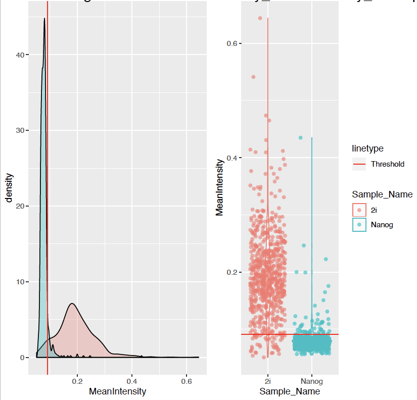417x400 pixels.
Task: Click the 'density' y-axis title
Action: [x=9, y=188]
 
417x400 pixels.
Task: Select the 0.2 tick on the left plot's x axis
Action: [x=77, y=381]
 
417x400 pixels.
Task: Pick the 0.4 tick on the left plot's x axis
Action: [x=132, y=381]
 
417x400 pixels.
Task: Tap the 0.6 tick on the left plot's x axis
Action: [x=187, y=381]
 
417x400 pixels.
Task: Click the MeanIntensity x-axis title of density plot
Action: [x=117, y=391]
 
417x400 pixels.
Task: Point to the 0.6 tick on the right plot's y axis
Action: [x=232, y=43]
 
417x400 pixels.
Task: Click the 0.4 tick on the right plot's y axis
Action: [x=232, y=158]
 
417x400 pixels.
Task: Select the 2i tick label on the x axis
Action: [x=268, y=381]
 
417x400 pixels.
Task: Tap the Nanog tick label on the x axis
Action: [x=311, y=381]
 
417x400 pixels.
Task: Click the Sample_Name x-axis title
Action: [x=290, y=391]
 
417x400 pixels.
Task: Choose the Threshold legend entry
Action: [x=387, y=164]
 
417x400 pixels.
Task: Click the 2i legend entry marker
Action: [x=359, y=210]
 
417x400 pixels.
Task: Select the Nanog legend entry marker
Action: [x=359, y=225]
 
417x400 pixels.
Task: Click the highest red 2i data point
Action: [x=260, y=18]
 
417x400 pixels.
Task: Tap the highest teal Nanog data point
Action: [x=300, y=137]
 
